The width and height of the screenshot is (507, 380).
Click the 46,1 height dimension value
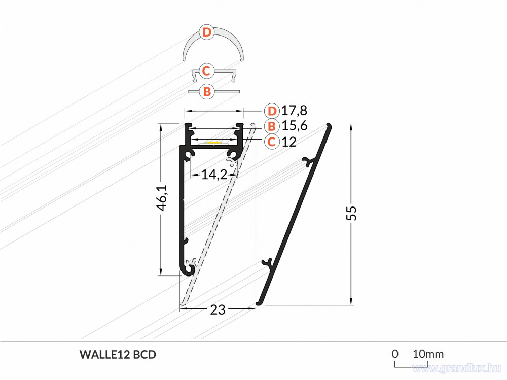[162, 198]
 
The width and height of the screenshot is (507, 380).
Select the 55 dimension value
[351, 213]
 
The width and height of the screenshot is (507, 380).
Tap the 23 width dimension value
[218, 310]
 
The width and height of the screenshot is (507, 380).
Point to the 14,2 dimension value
[214, 175]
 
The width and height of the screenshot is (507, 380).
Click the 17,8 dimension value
[294, 111]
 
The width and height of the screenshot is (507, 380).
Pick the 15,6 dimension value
[294, 126]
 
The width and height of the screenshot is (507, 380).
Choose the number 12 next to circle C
[289, 142]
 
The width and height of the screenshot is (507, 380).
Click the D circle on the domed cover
[207, 32]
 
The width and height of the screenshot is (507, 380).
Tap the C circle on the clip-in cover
[206, 71]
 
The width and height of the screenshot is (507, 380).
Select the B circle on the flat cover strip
[207, 91]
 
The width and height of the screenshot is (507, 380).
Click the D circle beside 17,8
[272, 111]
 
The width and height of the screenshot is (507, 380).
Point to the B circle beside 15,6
[272, 126]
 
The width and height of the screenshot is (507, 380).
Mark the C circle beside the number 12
[272, 142]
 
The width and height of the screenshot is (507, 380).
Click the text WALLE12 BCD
[118, 355]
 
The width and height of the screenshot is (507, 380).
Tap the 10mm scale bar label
[428, 354]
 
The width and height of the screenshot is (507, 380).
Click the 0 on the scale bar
[395, 354]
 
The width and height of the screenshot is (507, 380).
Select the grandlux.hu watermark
[457, 368]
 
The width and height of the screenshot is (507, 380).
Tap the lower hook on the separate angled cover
[267, 262]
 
